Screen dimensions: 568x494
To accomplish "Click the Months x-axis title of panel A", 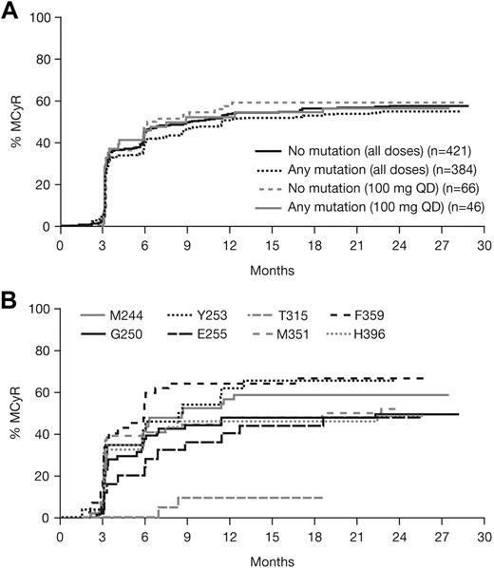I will pyautogui.click(x=272, y=269).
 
